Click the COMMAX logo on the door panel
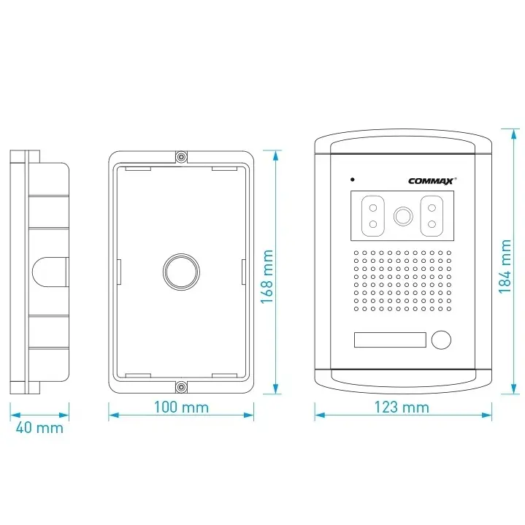point(432,181)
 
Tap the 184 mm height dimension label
point(505,267)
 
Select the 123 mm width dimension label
point(402,407)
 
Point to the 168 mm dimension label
point(267,277)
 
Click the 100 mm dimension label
point(181,407)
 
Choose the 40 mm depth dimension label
point(39,428)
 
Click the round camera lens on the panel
point(403,216)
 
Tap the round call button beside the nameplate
point(441,340)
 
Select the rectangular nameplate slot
point(390,340)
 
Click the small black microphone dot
point(352,180)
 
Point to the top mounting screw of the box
point(181,156)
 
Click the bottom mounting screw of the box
point(181,388)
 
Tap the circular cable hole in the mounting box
point(181,272)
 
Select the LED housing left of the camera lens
point(372,216)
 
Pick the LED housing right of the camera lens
point(432,216)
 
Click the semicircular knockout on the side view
point(50,272)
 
